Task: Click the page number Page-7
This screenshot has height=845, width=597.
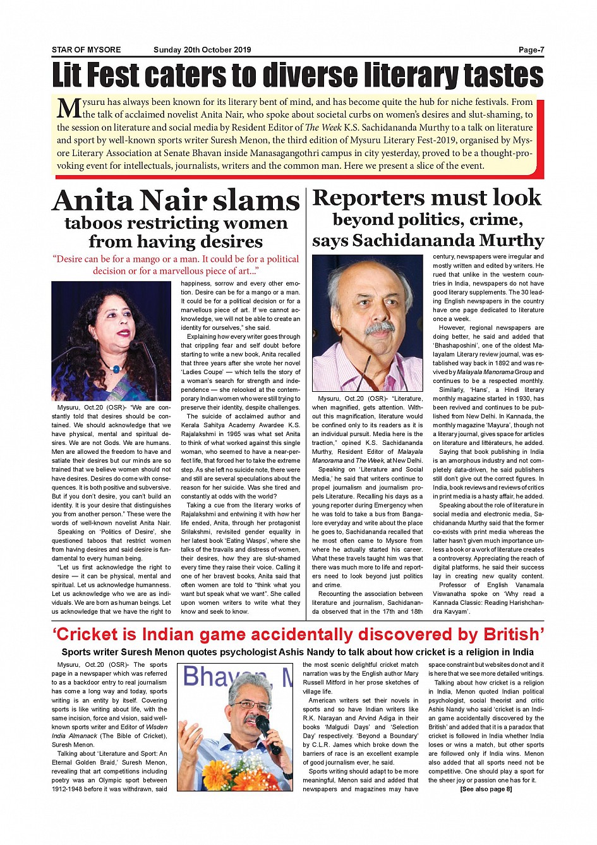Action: click(531, 50)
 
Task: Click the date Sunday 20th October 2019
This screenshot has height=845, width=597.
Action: click(202, 50)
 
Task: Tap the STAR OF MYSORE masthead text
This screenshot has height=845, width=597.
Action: click(86, 50)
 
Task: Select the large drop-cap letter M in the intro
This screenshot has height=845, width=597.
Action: click(68, 108)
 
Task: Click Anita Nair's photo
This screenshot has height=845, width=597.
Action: click(111, 341)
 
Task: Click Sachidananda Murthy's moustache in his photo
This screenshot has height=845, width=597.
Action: click(379, 328)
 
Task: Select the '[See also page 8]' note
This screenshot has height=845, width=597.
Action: click(486, 789)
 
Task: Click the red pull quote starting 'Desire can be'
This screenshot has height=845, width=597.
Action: click(176, 265)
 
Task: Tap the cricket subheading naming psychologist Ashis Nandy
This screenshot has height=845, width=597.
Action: click(298, 652)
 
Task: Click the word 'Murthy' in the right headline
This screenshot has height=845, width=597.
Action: click(511, 241)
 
